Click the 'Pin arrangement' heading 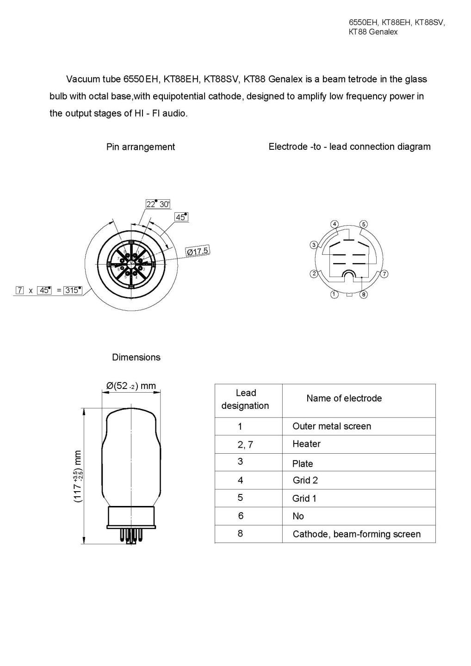(141, 147)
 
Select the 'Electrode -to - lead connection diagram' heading (349, 147)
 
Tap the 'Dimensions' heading (136, 357)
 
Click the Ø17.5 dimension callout (198, 251)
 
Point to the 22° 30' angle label (158, 204)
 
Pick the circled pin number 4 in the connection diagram (335, 224)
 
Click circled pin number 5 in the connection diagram (364, 224)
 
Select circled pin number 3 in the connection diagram (314, 245)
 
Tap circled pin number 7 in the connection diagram (384, 274)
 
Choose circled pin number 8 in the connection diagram (364, 294)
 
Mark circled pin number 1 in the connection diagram (335, 294)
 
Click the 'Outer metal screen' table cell (331, 426)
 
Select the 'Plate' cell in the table (303, 463)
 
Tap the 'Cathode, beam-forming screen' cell (356, 534)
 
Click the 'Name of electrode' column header (344, 398)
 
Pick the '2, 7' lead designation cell (245, 444)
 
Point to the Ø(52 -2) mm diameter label (131, 386)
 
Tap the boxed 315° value (73, 290)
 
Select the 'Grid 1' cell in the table (304, 499)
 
